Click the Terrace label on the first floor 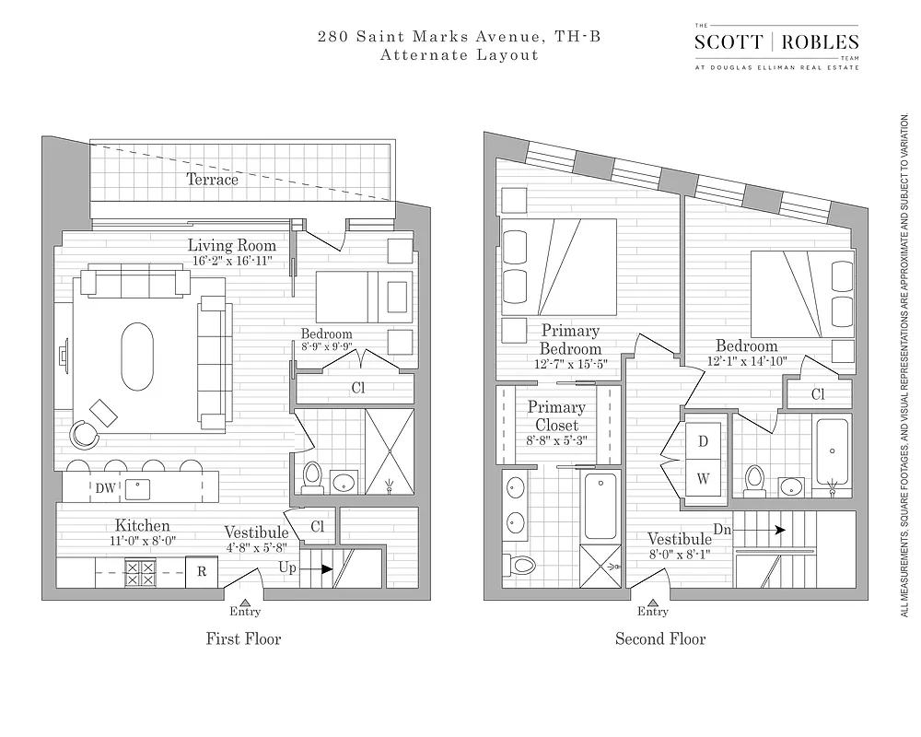tap(213, 180)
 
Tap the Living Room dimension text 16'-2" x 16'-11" tap(232, 261)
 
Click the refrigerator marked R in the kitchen tap(201, 571)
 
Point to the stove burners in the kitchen tap(141, 572)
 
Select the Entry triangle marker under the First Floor tap(245, 600)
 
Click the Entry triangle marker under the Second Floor tap(653, 600)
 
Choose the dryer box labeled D tap(703, 441)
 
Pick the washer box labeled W tap(703, 478)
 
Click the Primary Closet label tap(556, 415)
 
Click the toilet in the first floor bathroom tap(312, 477)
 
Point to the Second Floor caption tap(660, 638)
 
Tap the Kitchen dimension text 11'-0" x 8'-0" tap(142, 542)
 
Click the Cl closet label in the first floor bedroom tap(358, 388)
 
